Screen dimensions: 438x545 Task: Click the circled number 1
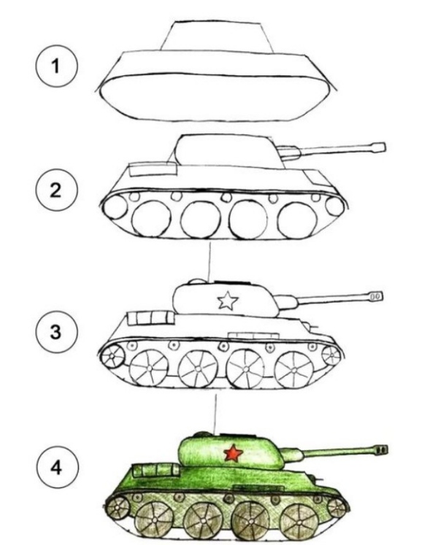tap(55, 66)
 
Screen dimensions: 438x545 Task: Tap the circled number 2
tap(55, 190)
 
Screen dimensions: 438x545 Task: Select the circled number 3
tap(55, 332)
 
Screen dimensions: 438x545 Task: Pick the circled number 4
tap(55, 467)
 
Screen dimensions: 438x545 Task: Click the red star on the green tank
tap(233, 453)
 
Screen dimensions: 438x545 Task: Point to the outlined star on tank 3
tap(228, 301)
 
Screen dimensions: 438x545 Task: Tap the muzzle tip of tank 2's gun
tap(384, 147)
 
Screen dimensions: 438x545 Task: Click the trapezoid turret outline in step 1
tap(216, 36)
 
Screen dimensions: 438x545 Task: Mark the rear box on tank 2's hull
tap(153, 169)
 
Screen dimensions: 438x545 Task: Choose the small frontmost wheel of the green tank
tap(337, 508)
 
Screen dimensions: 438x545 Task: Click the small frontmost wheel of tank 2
tap(334, 206)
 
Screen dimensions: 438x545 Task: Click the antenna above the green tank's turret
tap(215, 414)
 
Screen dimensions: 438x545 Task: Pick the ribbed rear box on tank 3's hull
tap(150, 318)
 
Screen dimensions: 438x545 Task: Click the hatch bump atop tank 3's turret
tap(196, 281)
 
